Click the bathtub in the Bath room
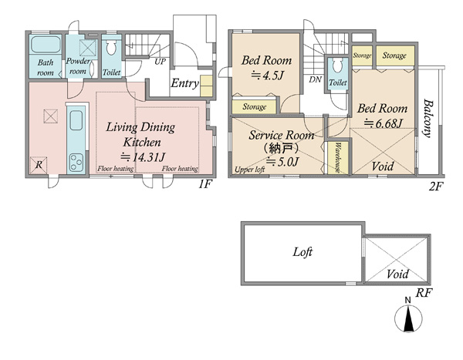pyautogui.click(x=46, y=44)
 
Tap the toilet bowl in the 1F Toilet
pyautogui.click(x=111, y=48)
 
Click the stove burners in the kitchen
pyautogui.click(x=76, y=163)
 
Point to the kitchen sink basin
pyautogui.click(x=76, y=120)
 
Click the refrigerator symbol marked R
pyautogui.click(x=39, y=165)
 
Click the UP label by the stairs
pyautogui.click(x=160, y=62)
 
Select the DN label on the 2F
pyautogui.click(x=315, y=79)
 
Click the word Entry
pyautogui.click(x=185, y=83)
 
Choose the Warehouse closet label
pyautogui.click(x=337, y=157)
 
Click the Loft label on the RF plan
pyautogui.click(x=302, y=252)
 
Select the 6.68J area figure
pyautogui.click(x=383, y=123)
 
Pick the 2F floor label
pyautogui.click(x=436, y=187)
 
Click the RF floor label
pyautogui.click(x=424, y=293)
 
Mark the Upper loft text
pyautogui.click(x=249, y=170)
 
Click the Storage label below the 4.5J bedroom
pyautogui.click(x=254, y=106)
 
